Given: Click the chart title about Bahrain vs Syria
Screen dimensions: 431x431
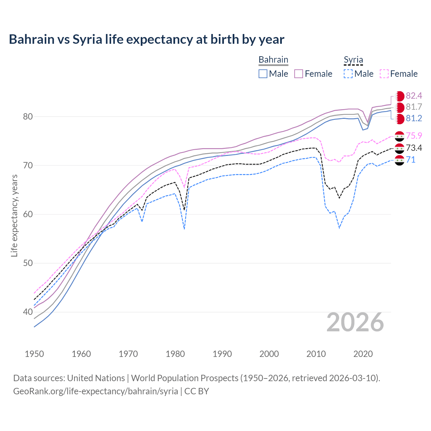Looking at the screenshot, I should [146, 39].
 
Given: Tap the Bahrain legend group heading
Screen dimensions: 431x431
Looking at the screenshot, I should [273, 60].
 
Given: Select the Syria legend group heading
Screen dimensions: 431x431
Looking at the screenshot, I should [353, 60].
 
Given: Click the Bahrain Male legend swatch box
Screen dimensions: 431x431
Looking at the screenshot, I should [263, 74].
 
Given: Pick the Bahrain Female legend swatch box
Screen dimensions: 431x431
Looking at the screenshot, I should [299, 74].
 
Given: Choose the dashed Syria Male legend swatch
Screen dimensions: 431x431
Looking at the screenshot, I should [348, 74].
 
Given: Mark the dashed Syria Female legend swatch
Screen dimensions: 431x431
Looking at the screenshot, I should [384, 74].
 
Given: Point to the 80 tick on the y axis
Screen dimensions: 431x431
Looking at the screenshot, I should [28, 117].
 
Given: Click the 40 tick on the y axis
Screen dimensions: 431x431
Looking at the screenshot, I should [28, 312].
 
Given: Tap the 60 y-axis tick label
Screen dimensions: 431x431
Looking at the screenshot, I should [28, 214].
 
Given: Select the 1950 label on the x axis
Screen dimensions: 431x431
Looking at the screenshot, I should [34, 354].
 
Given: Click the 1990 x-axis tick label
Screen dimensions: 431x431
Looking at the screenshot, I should [222, 354].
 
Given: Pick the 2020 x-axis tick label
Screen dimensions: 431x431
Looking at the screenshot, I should [363, 354].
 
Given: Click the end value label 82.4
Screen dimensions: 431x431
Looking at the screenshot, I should [414, 96].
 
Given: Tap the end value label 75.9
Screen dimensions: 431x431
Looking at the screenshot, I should [414, 136].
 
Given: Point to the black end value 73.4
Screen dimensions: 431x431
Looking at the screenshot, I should [414, 148].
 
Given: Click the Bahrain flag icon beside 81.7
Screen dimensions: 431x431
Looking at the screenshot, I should [400, 107].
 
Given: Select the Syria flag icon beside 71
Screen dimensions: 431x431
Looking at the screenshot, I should [399, 160].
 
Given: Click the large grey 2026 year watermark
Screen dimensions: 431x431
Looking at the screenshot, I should [355, 323].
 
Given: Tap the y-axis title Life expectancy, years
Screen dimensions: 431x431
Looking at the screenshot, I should [14, 215].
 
